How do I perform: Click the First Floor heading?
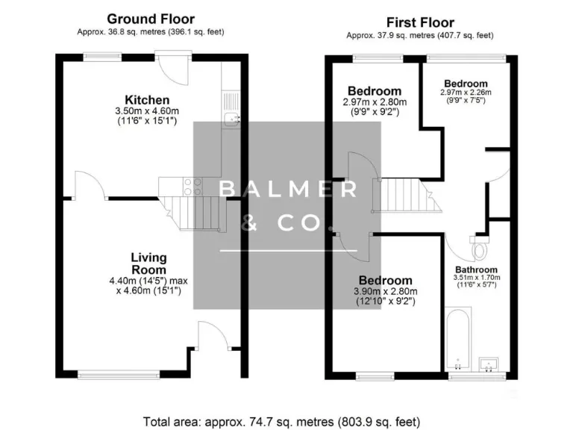click(x=419, y=22)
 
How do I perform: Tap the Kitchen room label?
click(x=147, y=100)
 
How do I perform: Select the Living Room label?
click(x=148, y=264)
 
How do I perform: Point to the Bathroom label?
click(x=476, y=269)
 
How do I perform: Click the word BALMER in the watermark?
click(x=287, y=190)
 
